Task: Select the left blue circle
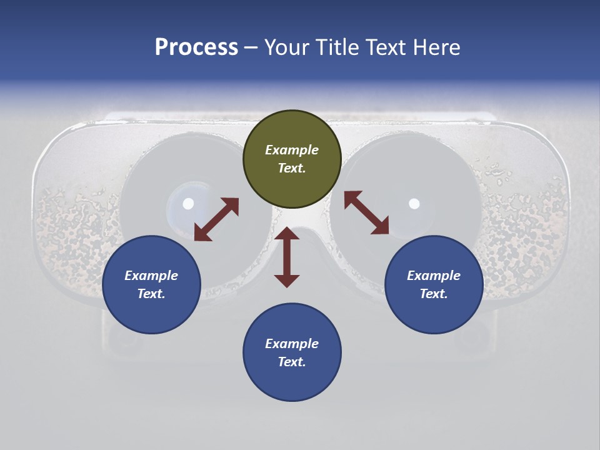(151, 284)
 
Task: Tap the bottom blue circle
(292, 352)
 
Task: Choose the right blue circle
(434, 284)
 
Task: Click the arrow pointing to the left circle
(217, 219)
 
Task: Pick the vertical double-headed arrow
(287, 257)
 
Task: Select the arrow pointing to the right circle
(366, 212)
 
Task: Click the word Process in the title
(196, 47)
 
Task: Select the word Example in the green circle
(292, 150)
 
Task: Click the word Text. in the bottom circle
(292, 362)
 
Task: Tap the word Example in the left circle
(151, 276)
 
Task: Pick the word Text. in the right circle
(434, 294)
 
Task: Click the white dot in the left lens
(188, 203)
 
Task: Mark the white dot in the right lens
(414, 203)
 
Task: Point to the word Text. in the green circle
(292, 168)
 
